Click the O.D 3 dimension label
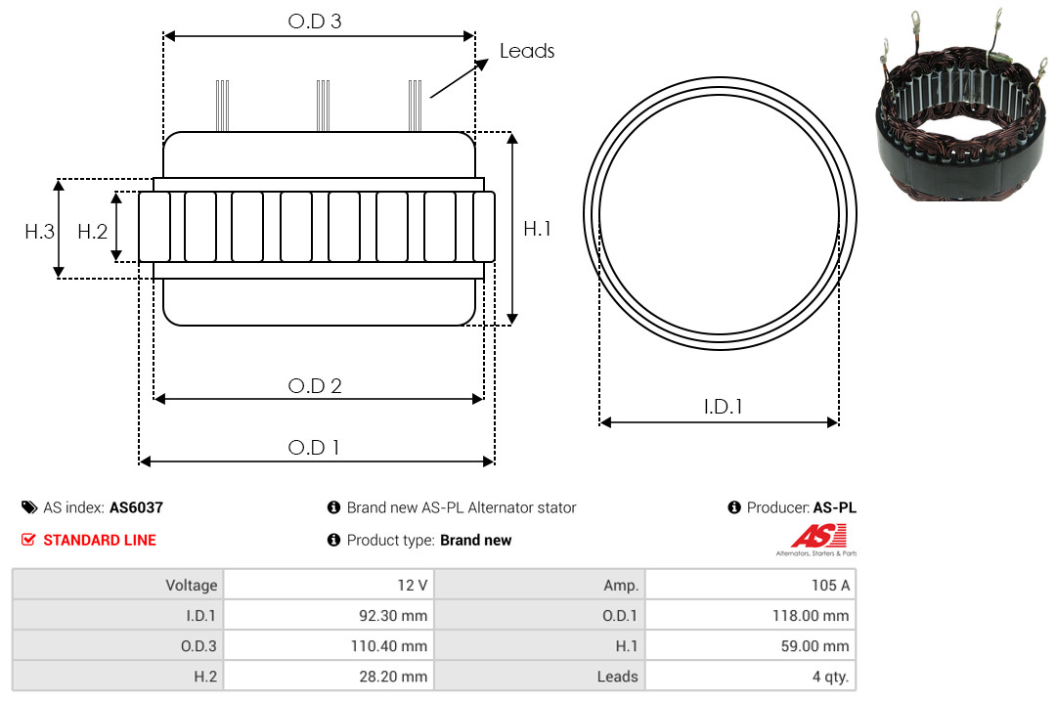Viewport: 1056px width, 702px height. click(x=315, y=22)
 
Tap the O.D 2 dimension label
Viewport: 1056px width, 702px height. click(x=315, y=386)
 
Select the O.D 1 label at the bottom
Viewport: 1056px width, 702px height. click(x=313, y=448)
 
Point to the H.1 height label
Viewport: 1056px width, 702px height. click(x=537, y=229)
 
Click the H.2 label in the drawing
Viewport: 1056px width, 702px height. click(x=92, y=232)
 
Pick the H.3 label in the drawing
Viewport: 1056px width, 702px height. click(x=39, y=232)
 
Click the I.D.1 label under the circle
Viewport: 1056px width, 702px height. click(x=723, y=407)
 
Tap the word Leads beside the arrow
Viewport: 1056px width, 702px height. click(x=527, y=51)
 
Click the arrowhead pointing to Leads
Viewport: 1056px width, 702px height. click(x=481, y=65)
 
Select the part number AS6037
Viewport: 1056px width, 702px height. click(x=136, y=507)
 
